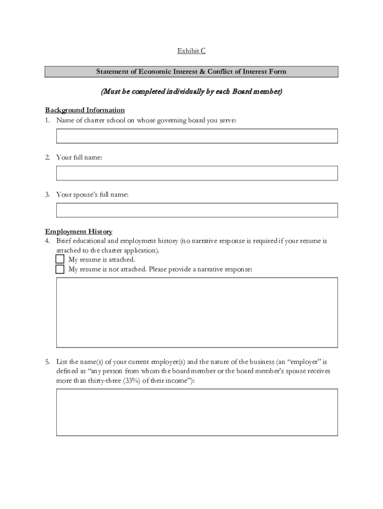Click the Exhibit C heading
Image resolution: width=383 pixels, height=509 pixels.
(x=191, y=51)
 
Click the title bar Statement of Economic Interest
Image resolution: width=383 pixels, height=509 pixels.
(x=191, y=72)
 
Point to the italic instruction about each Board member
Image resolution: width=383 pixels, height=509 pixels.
(x=191, y=91)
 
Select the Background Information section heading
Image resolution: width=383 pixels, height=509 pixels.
(x=85, y=110)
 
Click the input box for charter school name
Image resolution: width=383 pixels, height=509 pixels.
(x=197, y=136)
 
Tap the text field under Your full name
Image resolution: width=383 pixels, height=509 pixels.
(x=197, y=173)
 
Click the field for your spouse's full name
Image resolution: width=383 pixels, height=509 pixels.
(x=197, y=210)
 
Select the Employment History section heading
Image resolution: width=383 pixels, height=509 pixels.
(x=79, y=232)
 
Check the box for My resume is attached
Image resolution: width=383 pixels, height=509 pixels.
(x=60, y=259)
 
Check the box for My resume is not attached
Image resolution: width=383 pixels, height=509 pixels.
(x=60, y=269)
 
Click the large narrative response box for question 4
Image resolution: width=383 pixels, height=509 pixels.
(x=197, y=312)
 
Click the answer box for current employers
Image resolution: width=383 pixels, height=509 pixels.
(x=197, y=412)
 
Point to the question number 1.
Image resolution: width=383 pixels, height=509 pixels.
(x=48, y=120)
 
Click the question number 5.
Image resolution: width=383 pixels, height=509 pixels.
(x=48, y=362)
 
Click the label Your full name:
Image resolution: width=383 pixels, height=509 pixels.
(x=79, y=158)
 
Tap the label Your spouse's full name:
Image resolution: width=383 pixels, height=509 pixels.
(x=93, y=195)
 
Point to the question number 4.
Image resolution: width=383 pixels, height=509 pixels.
(x=48, y=241)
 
